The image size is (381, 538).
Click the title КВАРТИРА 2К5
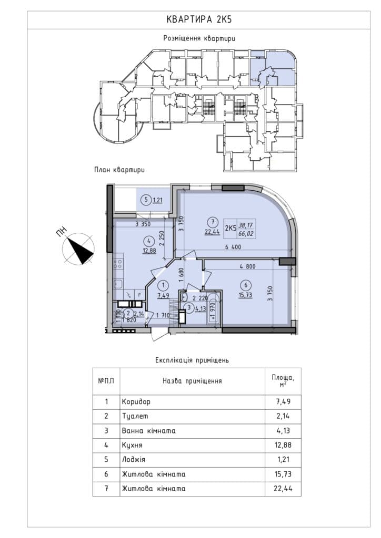tap(199, 19)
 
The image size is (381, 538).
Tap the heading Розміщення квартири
tap(199, 38)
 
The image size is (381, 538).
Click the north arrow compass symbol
tap(78, 248)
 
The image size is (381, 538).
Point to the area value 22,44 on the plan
tap(212, 232)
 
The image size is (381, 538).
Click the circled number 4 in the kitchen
tap(149, 242)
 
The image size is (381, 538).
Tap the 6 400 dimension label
tap(233, 247)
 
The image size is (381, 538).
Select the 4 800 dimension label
tap(248, 266)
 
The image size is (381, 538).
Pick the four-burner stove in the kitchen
tap(118, 264)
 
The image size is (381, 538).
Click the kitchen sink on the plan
tap(118, 284)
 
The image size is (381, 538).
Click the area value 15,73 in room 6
tap(246, 295)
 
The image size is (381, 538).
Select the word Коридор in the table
tap(136, 401)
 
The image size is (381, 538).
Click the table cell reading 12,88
tap(283, 445)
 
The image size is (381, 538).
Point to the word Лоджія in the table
tap(134, 459)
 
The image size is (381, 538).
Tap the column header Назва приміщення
tap(192, 381)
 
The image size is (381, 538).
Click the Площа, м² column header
tap(283, 381)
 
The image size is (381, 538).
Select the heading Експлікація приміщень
tap(192, 360)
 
